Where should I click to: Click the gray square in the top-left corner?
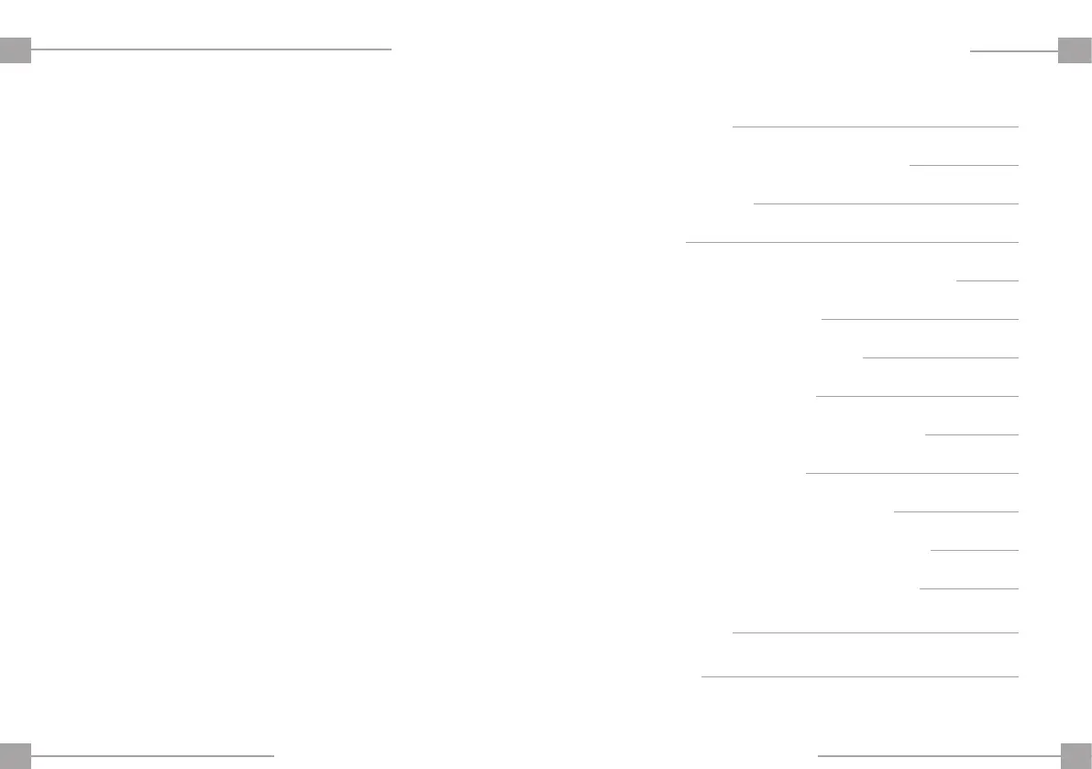tap(16, 49)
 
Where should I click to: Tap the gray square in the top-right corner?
tap(1075, 49)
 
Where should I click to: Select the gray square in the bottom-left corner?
tap(16, 755)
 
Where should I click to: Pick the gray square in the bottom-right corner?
tap(1075, 755)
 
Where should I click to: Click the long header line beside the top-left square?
tap(212, 49)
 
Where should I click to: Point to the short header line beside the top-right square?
tap(1013, 51)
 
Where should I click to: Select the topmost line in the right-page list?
tap(876, 126)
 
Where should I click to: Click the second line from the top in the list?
tap(964, 165)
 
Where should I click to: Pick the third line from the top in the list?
tap(886, 203)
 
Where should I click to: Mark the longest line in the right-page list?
tap(852, 242)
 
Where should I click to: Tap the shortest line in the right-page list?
tap(987, 280)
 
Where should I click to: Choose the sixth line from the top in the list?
tap(920, 319)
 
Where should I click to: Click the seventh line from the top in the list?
tap(941, 357)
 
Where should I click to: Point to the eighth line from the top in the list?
tap(917, 396)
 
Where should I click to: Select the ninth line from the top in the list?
tap(972, 434)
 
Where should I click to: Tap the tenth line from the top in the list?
tap(912, 473)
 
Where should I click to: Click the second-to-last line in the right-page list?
tap(876, 632)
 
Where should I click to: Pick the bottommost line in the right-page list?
tap(860, 676)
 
